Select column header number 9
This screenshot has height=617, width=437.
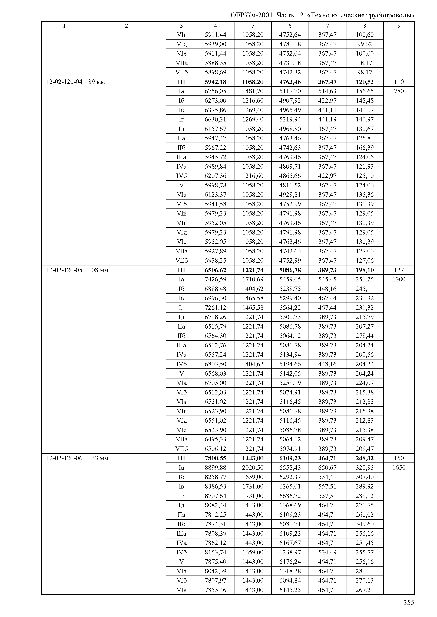point(399,26)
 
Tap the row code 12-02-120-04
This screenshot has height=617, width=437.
point(64,82)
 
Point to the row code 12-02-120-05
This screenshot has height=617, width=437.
point(64,270)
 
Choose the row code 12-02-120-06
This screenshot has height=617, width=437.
point(64,458)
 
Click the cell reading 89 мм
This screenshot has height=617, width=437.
point(97,82)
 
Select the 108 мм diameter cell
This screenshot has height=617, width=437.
point(98,270)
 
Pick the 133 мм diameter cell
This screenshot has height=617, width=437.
point(98,458)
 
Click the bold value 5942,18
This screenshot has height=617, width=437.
point(215,82)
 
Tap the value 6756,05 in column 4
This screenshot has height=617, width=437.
point(215,91)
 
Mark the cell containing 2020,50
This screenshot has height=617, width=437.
point(253,468)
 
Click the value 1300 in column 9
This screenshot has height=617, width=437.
point(399,279)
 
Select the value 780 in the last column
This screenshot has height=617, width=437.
point(399,91)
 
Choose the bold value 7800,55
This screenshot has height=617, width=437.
point(215,458)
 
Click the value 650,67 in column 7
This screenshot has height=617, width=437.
point(327,468)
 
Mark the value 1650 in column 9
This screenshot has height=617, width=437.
point(399,468)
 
